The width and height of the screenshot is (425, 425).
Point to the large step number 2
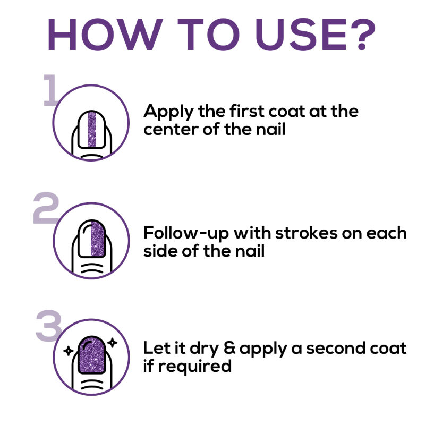coord(46,208)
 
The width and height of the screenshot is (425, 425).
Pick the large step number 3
coord(49,326)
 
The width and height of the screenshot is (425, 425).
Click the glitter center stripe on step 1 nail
coord(92,130)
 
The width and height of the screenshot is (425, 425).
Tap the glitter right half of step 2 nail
coord(98,239)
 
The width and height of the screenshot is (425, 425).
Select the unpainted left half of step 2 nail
coord(85,239)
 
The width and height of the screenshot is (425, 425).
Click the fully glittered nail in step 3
coord(91,355)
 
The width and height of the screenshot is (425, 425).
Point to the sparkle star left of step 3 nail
coord(69,351)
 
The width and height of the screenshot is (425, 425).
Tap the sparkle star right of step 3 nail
coord(112,343)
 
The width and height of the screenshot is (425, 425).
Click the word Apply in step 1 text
coord(168,112)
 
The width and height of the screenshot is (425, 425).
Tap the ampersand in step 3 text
coord(229,348)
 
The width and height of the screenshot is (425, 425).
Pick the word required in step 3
coord(194,367)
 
